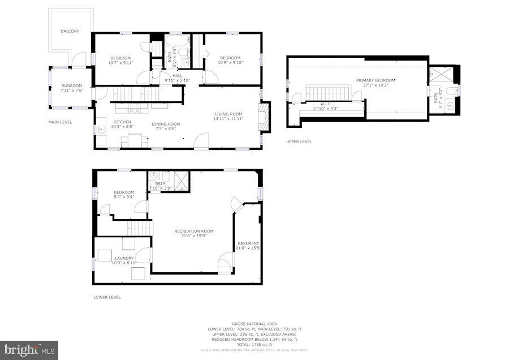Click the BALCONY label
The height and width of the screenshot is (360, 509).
tap(70, 31)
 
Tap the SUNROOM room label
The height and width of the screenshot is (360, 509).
tap(72, 85)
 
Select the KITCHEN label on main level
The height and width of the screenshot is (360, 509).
tap(122, 122)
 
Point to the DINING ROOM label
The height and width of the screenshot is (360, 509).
tap(166, 124)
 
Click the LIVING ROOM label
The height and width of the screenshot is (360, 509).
tap(228, 114)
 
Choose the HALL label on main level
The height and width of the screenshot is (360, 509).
tap(177, 76)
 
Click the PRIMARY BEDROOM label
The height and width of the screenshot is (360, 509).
tap(376, 80)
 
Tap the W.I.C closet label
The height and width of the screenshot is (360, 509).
tap(325, 104)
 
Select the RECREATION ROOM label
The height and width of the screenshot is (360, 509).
tap(194, 231)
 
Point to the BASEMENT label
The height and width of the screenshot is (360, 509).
tap(248, 243)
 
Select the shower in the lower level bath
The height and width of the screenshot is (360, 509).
tap(180, 180)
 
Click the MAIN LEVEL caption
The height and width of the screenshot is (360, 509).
tap(60, 122)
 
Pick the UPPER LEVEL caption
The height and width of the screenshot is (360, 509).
tap(299, 142)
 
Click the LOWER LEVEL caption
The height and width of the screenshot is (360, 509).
tap(107, 297)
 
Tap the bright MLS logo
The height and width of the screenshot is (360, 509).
tap(29, 350)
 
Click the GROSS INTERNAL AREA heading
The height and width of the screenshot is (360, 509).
tap(256, 324)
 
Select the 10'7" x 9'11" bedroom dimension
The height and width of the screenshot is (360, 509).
tap(120, 63)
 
